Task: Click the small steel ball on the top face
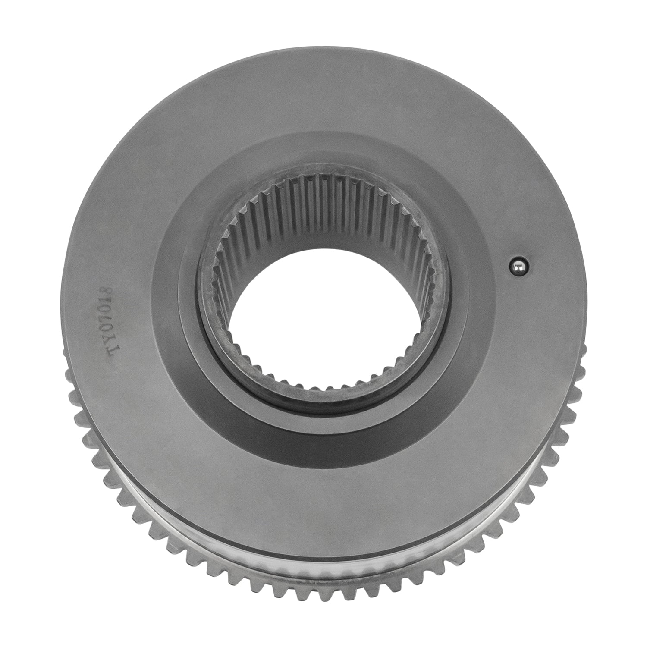(x=515, y=268)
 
